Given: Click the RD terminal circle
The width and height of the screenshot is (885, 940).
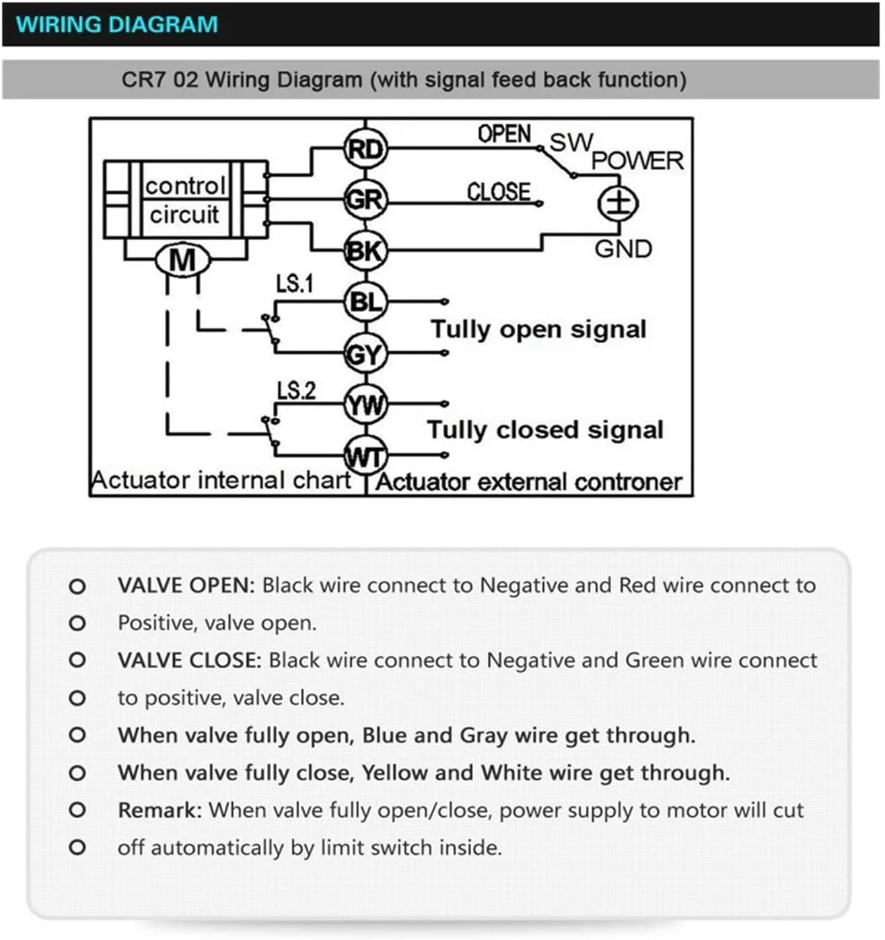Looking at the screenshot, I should tap(365, 149).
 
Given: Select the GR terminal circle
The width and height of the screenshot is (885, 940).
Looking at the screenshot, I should tap(365, 200).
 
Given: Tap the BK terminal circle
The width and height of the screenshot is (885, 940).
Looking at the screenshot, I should tap(365, 251).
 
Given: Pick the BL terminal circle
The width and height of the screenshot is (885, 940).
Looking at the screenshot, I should tap(365, 302).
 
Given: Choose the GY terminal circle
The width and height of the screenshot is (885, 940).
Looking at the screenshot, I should tap(365, 353).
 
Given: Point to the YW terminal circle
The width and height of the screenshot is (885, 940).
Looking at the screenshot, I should tap(365, 404).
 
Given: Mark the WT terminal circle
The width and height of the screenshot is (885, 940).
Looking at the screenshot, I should tap(365, 456).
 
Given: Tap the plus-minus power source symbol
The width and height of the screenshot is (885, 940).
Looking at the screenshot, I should tap(618, 203).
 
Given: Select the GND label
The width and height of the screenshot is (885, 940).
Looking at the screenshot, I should tap(623, 249).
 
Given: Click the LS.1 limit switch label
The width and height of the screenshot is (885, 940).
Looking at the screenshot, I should tap(295, 284).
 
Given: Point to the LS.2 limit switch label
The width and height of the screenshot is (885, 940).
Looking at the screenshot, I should tap(296, 390).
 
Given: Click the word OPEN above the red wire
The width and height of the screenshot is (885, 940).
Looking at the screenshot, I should tap(504, 134).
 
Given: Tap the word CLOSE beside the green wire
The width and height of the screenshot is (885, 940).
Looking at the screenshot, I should tap(499, 192).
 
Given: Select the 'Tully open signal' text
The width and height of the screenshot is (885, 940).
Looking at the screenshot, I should tap(538, 330).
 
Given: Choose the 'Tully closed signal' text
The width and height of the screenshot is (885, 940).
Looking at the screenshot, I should tap(545, 430).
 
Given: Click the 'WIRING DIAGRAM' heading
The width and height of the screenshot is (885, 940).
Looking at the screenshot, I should tap(117, 24).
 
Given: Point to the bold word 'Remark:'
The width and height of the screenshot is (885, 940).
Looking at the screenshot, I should tap(160, 810).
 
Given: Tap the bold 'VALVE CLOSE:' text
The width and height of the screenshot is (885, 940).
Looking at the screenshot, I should tap(189, 660).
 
